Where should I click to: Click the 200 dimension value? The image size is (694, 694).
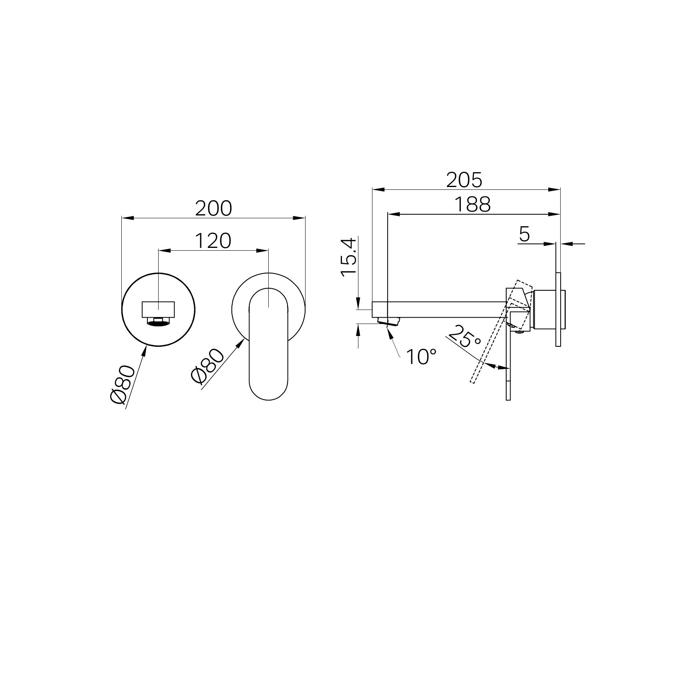pyautogui.click(x=213, y=208)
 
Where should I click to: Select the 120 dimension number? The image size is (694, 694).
pyautogui.click(x=213, y=241)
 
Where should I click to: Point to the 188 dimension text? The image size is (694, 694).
pyautogui.click(x=472, y=205)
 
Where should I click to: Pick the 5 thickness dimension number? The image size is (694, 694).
pyautogui.click(x=524, y=234)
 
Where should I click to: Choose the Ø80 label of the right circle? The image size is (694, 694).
pyautogui.click(x=208, y=366)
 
